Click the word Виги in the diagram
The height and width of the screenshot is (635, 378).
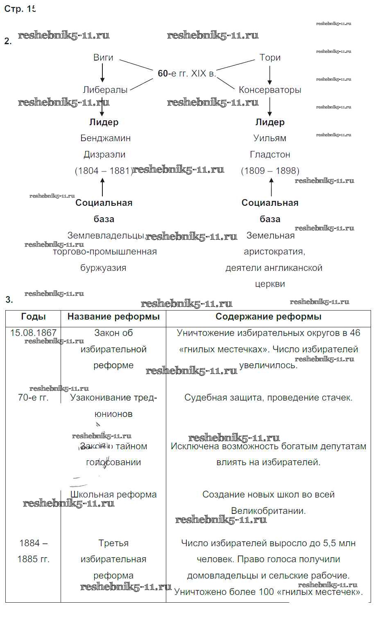point(103,58)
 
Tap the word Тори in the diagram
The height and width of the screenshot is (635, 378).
point(270,58)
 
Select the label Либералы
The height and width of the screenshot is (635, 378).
point(105,90)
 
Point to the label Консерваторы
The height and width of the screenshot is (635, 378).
point(270,90)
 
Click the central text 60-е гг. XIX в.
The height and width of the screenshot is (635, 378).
point(187,74)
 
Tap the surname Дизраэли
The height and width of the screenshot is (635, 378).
point(104,155)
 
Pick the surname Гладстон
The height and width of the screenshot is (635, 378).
point(270,155)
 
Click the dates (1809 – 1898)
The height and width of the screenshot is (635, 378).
point(270,171)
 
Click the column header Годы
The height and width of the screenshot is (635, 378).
point(33,317)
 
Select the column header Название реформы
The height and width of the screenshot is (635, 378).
point(113,317)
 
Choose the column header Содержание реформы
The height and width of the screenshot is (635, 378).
point(268,317)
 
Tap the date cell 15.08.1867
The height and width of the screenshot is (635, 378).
point(33,333)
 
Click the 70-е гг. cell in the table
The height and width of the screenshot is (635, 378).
point(33,398)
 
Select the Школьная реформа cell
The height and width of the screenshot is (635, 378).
point(113,495)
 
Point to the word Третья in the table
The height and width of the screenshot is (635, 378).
point(113,543)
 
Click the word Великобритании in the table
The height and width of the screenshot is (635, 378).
point(268,511)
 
